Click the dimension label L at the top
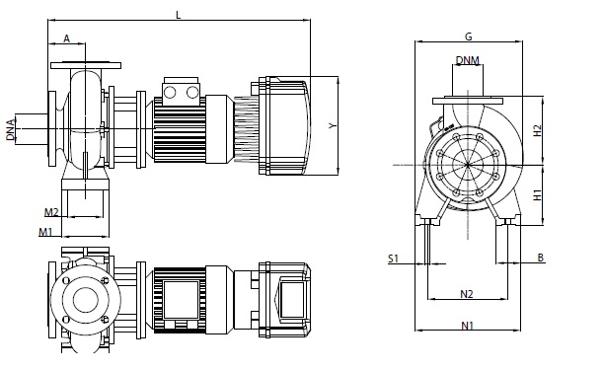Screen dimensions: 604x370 (178, 15)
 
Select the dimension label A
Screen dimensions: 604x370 (67, 38)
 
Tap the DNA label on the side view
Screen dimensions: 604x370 (11, 129)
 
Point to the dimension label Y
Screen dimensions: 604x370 (333, 125)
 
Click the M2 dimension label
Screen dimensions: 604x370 (51, 212)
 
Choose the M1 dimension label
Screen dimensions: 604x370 (45, 232)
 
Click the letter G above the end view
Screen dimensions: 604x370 (469, 37)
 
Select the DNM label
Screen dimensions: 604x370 (468, 60)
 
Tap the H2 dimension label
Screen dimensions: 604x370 (537, 130)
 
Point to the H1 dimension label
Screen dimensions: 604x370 (537, 194)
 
